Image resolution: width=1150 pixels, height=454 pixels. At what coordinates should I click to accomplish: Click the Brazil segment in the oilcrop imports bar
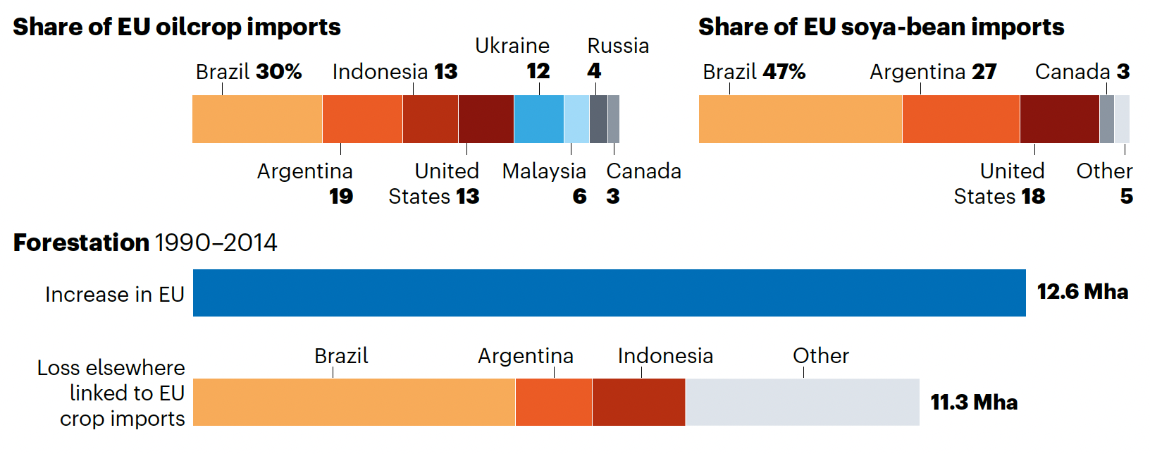click(257, 119)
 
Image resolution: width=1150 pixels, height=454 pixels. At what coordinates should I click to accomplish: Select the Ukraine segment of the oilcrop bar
click(538, 119)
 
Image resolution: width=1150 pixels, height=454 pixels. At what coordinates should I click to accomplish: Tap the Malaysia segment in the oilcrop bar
click(576, 119)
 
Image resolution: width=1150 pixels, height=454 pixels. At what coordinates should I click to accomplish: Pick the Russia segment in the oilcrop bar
click(598, 119)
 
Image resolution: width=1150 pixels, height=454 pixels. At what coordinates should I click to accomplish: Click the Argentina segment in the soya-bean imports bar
click(960, 119)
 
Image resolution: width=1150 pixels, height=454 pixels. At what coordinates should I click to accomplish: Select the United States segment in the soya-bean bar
click(1059, 119)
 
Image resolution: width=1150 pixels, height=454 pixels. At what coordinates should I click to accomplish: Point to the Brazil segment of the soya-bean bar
click(800, 119)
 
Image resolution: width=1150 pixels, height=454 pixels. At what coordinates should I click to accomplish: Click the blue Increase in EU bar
click(609, 293)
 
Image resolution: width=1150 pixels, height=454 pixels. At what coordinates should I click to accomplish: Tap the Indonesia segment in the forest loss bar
click(638, 402)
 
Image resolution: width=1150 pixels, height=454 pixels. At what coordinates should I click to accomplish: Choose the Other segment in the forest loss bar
click(802, 402)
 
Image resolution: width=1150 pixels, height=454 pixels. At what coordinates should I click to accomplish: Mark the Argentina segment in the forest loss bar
click(553, 402)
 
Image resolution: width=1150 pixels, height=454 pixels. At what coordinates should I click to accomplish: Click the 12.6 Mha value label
click(1082, 292)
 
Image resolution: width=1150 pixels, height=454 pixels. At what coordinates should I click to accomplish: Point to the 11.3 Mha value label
click(974, 403)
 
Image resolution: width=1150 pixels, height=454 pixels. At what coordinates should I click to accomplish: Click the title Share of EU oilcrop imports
click(177, 27)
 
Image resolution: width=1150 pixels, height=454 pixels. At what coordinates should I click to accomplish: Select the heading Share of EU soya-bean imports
click(881, 27)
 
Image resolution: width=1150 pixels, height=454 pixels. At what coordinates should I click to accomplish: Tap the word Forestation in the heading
click(81, 243)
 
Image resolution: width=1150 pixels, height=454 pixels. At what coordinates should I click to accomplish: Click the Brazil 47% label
click(754, 72)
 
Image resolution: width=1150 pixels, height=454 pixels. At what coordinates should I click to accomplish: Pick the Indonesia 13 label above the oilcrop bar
click(395, 72)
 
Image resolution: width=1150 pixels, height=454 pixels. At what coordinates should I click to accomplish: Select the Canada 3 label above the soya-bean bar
click(1082, 72)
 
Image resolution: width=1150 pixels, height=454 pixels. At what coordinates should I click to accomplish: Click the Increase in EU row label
click(114, 294)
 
